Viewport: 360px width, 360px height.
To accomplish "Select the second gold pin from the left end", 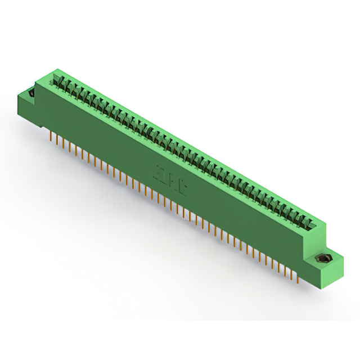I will click(55, 139).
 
